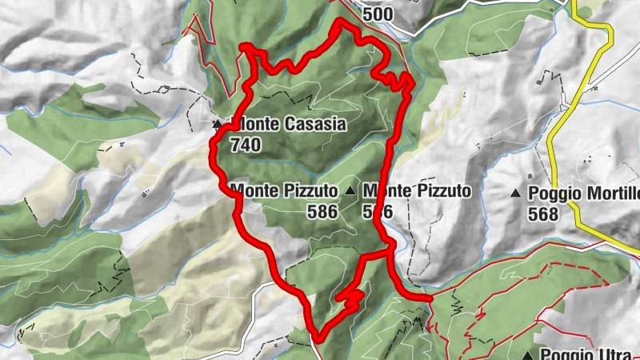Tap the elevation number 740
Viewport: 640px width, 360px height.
tap(245, 145)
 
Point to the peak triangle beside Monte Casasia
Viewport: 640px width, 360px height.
tap(217, 125)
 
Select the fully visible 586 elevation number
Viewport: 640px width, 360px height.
tap(322, 211)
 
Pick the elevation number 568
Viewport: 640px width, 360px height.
tap(543, 214)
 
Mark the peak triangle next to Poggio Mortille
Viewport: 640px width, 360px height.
tap(516, 193)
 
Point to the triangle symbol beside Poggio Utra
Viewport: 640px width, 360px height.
tap(528, 354)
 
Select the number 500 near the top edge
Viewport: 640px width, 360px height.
tap(378, 14)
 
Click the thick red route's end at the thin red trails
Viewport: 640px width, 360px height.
tap(430, 298)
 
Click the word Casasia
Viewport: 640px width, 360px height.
tap(317, 125)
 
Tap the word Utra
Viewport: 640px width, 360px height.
tap(613, 354)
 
